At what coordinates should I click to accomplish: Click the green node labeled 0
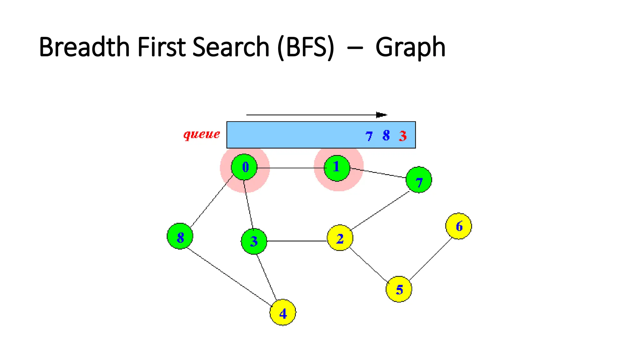coord(244,167)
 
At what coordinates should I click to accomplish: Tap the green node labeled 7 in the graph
coord(419,180)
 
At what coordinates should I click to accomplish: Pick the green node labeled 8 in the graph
coord(180,236)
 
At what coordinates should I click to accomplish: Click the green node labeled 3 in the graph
coord(254,241)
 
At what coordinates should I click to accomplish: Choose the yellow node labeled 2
coord(340,238)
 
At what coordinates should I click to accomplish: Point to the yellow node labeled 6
coord(458,226)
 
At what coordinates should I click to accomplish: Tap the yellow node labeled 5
coord(399,289)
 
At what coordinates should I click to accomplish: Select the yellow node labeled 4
coord(283,312)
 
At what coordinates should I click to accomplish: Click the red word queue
coord(202,134)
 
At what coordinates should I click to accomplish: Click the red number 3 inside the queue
coord(402,136)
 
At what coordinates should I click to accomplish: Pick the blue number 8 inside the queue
coord(386,136)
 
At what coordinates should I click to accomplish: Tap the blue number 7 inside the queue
coord(369,136)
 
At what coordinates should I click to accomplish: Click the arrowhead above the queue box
coord(381,115)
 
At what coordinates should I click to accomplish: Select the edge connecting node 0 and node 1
coord(291,168)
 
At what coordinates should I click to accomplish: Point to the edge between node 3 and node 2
coord(297,241)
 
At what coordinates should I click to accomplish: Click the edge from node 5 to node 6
coord(431,259)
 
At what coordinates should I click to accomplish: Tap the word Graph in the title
coord(410,47)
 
